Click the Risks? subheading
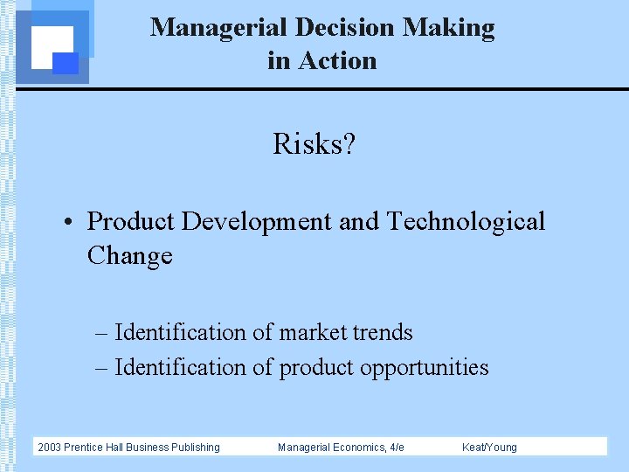pos(314,143)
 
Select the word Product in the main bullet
pos(131,221)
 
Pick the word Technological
pos(466,221)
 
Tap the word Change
pos(129,256)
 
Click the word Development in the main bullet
pos(256,221)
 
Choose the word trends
pos(383,333)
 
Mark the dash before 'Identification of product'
pos(102,368)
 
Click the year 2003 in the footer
pos(51,448)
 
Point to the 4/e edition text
pos(396,448)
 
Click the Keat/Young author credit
pos(489,448)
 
